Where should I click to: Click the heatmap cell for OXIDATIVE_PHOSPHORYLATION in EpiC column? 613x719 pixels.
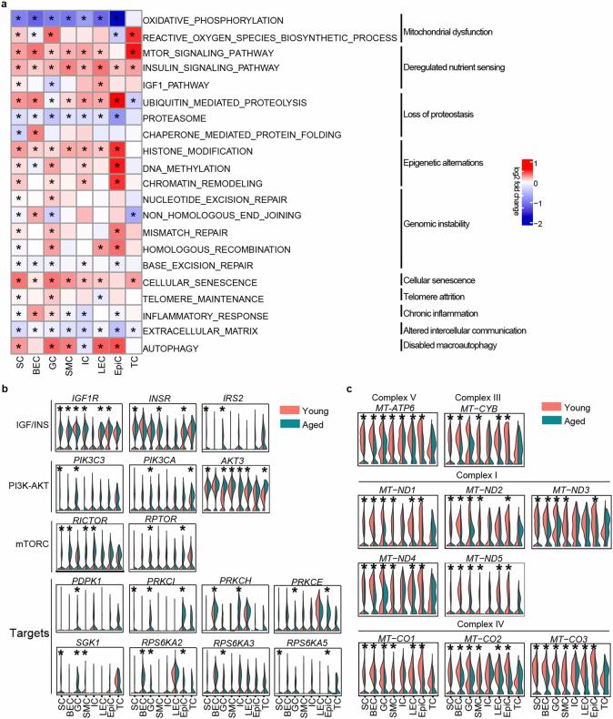tap(116, 18)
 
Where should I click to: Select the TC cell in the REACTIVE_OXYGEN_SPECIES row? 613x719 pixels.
tap(132, 35)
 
